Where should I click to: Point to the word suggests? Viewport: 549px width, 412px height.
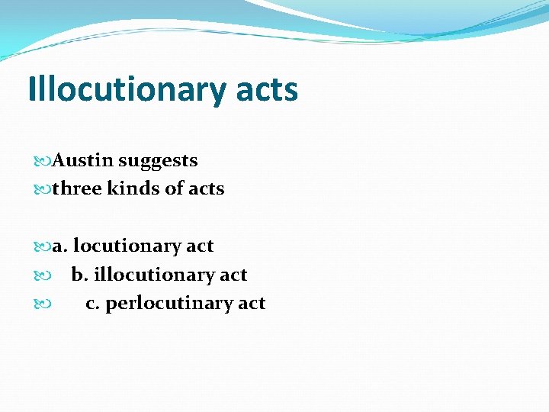[158, 161]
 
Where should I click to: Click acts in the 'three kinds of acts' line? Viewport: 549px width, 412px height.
[207, 188]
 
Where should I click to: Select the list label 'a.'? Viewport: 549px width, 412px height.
[59, 246]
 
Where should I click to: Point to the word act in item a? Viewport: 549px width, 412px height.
[200, 246]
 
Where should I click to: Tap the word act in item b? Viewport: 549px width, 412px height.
[233, 275]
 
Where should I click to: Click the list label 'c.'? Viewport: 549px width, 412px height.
[93, 304]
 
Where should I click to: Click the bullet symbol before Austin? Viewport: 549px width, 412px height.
[42, 161]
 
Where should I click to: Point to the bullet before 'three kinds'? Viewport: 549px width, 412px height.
[42, 189]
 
